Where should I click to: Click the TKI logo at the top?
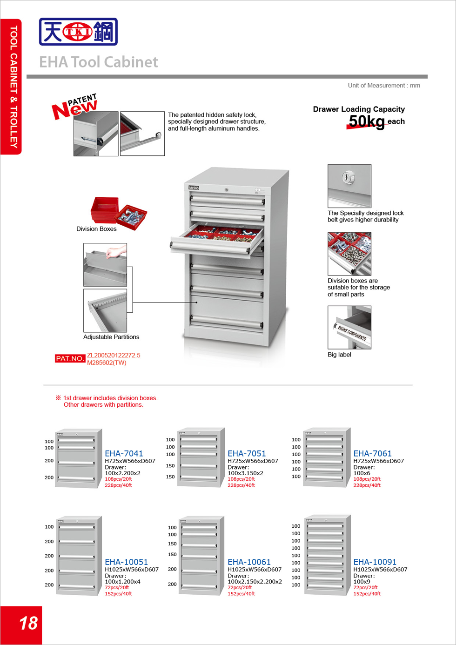78,32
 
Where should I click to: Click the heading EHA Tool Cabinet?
98,62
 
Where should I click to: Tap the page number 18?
28,623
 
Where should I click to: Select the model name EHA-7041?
124,453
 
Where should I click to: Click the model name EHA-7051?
247,453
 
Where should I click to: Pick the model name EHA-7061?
372,453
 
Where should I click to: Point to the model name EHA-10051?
126,562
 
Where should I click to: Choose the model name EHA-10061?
249,562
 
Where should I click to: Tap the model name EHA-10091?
375,562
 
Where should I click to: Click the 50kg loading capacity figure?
367,121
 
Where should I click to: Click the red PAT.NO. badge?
70,358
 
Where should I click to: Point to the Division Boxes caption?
96,229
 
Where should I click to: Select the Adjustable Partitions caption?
111,337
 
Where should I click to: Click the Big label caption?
339,355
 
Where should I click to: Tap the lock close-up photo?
349,186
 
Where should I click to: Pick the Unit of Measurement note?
384,86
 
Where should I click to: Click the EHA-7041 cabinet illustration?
78,458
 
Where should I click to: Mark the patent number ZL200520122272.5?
114,355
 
